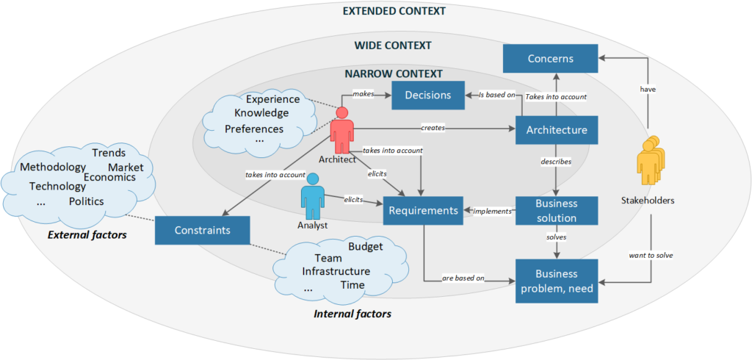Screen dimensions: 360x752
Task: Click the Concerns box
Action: (x=550, y=58)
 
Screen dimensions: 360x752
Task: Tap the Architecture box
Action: (x=556, y=130)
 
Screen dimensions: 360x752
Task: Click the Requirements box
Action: (x=422, y=210)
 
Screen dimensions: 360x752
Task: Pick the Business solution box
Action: (x=556, y=210)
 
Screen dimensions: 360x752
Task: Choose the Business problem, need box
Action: (x=556, y=281)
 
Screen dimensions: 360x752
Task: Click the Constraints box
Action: (x=203, y=230)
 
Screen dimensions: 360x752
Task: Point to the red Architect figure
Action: (x=341, y=131)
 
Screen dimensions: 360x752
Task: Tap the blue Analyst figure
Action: (x=313, y=196)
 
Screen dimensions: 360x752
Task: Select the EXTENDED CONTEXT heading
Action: (x=394, y=11)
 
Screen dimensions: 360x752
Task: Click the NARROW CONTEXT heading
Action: (x=394, y=73)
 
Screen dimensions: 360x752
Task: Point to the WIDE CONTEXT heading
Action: (x=393, y=46)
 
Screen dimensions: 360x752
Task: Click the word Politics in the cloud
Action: (x=86, y=201)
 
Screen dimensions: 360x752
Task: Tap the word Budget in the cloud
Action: (x=365, y=246)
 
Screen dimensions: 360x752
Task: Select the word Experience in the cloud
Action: (x=272, y=99)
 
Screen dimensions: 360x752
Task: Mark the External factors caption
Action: (x=87, y=235)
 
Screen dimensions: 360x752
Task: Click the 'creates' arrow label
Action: (x=433, y=128)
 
